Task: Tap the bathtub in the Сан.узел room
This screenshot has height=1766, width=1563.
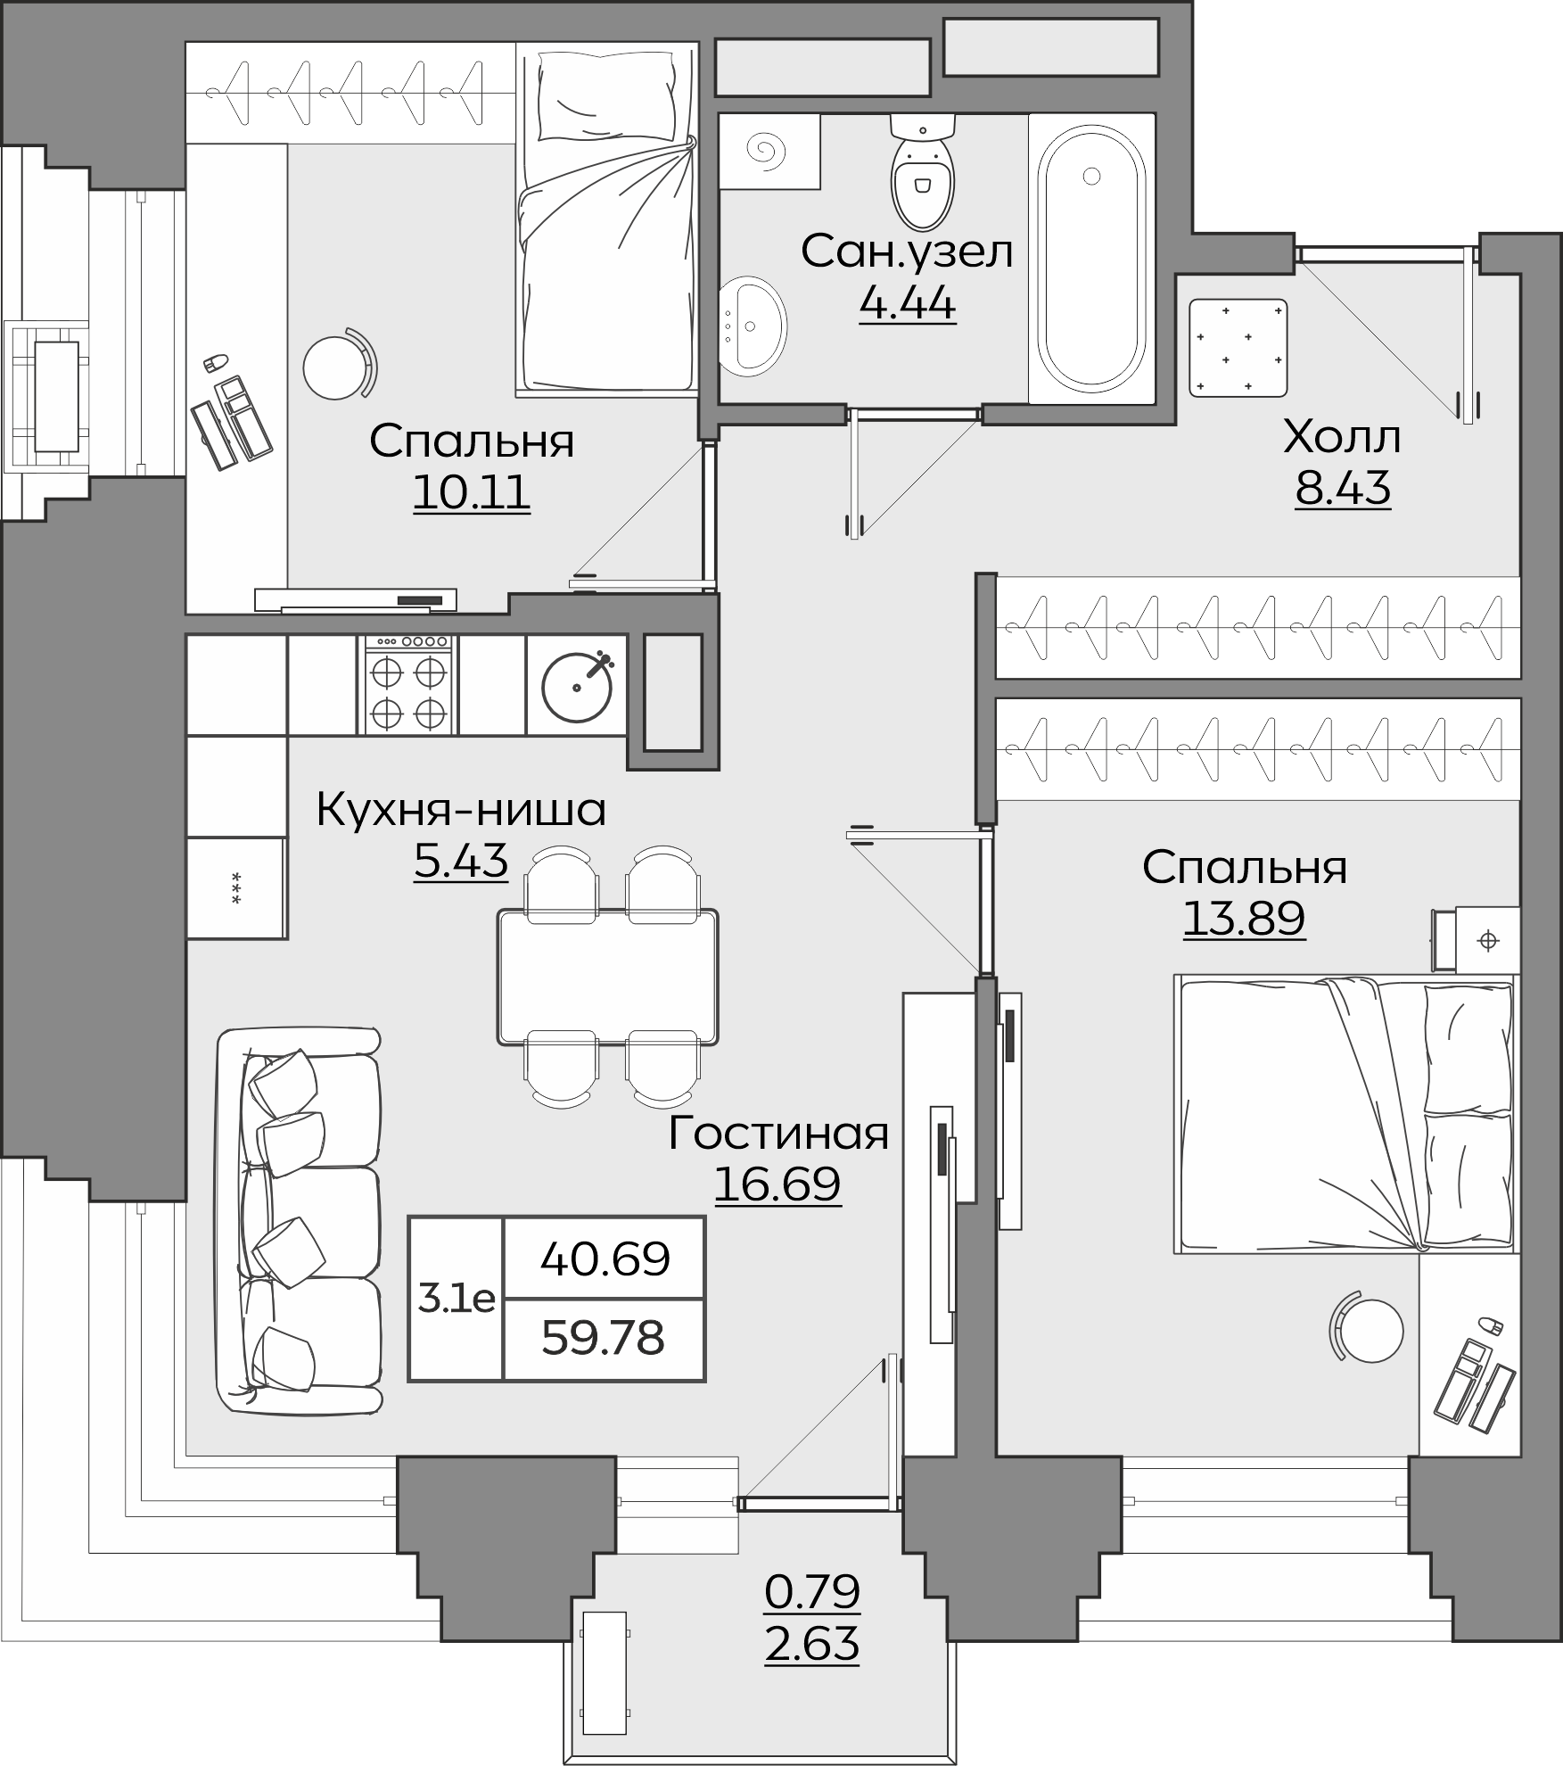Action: [1092, 259]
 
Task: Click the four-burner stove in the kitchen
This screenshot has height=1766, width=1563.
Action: [408, 684]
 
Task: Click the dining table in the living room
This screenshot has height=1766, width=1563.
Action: [608, 976]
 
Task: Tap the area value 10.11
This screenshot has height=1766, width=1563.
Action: [472, 492]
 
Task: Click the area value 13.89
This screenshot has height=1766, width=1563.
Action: [1244, 918]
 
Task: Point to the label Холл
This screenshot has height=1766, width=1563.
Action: [1342, 438]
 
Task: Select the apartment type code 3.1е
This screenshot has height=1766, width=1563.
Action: [457, 1300]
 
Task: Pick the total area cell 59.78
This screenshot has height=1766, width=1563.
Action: [604, 1338]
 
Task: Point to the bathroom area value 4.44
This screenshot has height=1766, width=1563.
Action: [908, 304]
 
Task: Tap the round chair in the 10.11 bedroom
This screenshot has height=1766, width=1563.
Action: [339, 364]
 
